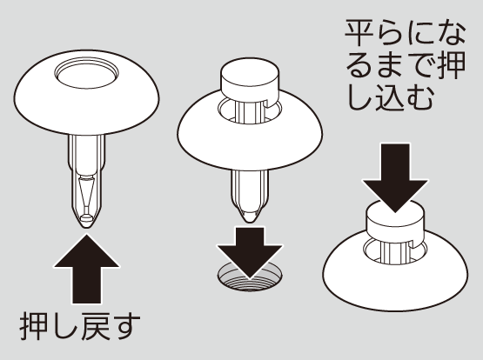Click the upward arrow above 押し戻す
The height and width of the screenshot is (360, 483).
point(86,270)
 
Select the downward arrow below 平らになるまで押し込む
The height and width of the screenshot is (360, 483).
point(395,177)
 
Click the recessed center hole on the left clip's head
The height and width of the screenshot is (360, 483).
point(86,75)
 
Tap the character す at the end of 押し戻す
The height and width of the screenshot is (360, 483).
point(125,326)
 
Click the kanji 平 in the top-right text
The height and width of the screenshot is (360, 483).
point(359,33)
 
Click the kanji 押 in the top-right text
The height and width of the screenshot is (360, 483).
point(451,65)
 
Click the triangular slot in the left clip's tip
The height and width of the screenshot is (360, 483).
point(86,195)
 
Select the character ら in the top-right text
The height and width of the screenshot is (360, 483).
point(389,33)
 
